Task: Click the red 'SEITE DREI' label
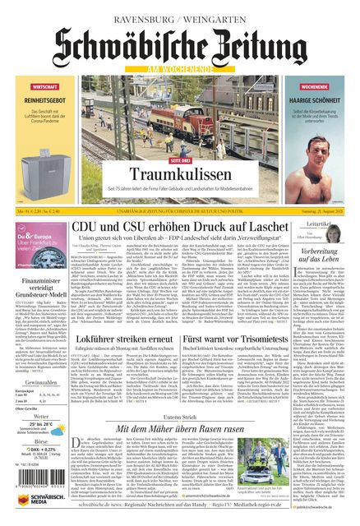tap(180, 160)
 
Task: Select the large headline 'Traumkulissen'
tap(180, 174)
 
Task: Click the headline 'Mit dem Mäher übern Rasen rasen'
tap(180, 428)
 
